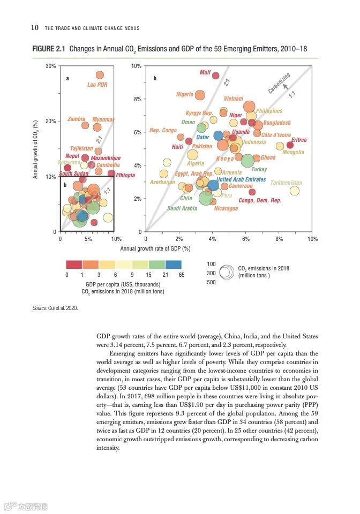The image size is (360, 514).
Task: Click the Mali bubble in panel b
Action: click(216, 75)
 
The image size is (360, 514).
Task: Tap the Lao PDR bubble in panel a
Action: click(100, 75)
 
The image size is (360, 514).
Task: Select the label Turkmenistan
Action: click(286, 183)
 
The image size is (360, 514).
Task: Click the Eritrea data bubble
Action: click(290, 145)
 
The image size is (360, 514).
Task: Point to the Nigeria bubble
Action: click(200, 95)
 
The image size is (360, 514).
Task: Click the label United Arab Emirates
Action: click(237, 179)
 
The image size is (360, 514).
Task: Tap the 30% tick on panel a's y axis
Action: click(51, 66)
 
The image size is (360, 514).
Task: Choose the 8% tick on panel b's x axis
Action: click(280, 238)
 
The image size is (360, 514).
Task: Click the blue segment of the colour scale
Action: click(173, 264)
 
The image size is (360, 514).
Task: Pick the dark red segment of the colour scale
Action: click(74, 264)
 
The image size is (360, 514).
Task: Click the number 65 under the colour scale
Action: click(181, 274)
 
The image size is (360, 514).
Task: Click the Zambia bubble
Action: click(85, 125)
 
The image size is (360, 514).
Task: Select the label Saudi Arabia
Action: click(182, 208)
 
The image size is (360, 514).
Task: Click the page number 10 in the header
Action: click(34, 28)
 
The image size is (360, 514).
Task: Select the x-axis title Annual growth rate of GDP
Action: click(155, 248)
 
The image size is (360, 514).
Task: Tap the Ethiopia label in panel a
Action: click(125, 175)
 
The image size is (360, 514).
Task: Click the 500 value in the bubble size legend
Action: click(211, 282)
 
